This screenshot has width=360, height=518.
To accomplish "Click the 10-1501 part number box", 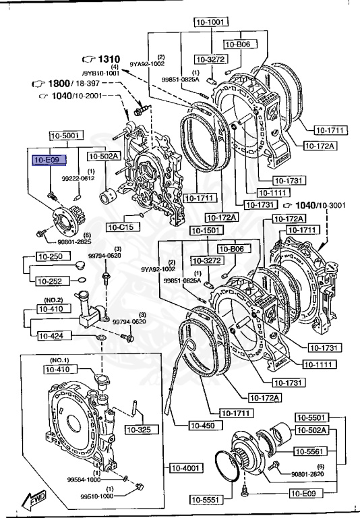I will pos(206,231).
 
